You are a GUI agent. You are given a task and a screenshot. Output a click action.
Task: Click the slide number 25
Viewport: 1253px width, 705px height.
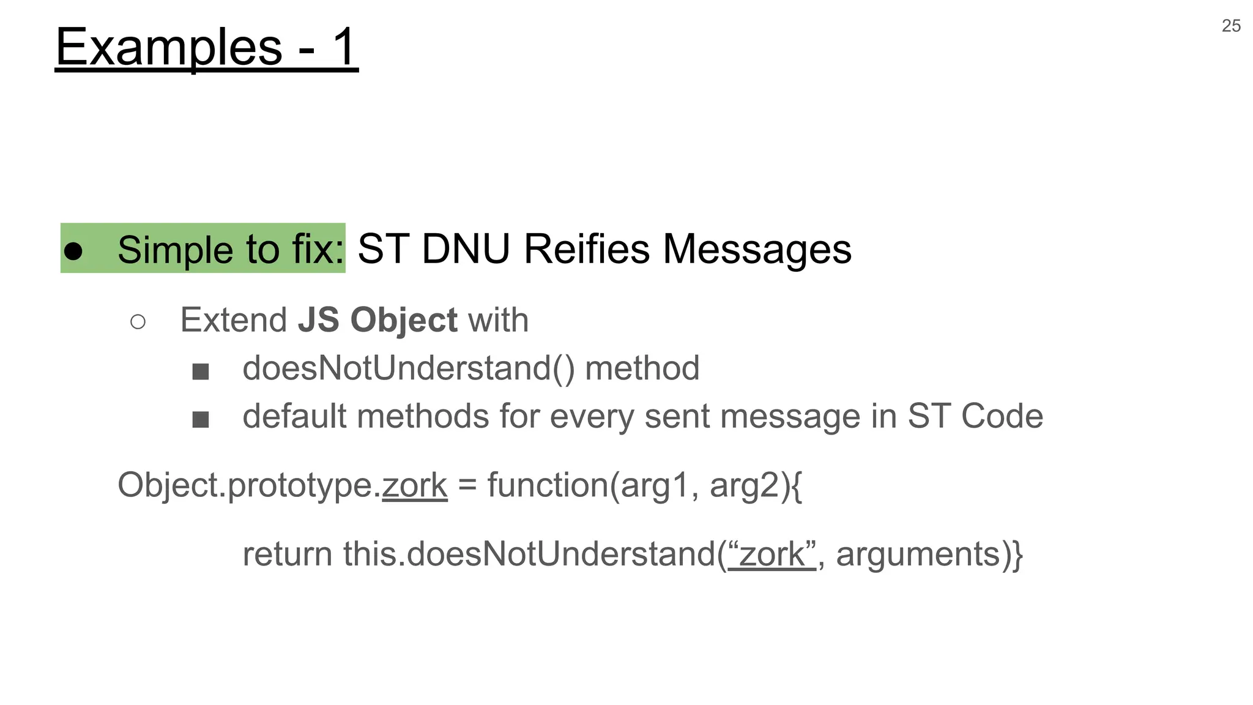(1231, 26)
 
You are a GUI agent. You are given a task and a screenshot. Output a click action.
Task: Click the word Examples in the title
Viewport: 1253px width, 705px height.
(169, 47)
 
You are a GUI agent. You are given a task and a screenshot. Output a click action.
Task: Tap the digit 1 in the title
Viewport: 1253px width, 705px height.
(344, 47)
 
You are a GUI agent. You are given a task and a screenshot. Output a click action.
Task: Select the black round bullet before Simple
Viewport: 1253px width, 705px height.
(73, 250)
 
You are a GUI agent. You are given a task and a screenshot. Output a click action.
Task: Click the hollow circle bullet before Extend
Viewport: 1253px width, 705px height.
(138, 321)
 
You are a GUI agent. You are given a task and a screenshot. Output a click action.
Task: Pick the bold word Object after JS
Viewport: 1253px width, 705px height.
(403, 320)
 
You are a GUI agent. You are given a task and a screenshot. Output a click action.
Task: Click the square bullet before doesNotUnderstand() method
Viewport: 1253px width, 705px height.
(201, 371)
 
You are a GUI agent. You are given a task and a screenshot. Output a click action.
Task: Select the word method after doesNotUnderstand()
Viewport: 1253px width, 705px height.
(642, 368)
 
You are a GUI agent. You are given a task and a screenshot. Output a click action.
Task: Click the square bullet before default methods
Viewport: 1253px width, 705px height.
(201, 419)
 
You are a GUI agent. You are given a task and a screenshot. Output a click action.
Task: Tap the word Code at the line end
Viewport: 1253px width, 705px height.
(1002, 416)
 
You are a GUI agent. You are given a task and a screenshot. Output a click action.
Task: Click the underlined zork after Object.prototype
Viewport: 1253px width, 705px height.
(415, 485)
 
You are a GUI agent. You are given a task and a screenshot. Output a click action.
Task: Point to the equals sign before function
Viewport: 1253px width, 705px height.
(467, 485)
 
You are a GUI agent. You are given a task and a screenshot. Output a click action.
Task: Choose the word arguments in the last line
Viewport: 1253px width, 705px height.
(918, 554)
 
